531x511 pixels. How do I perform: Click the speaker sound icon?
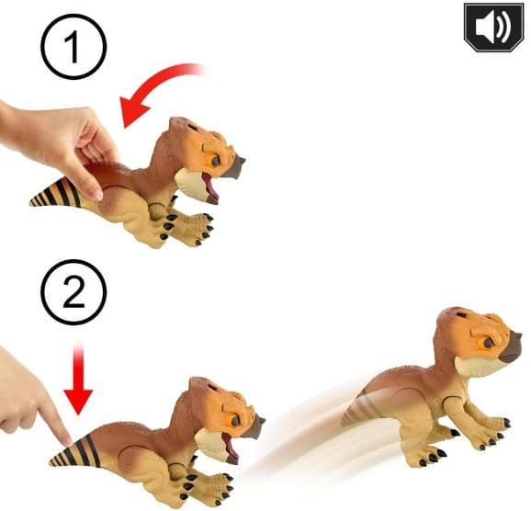tap(486, 27)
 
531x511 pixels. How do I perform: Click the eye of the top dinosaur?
tap(214, 159)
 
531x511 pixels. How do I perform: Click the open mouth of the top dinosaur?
tap(209, 189)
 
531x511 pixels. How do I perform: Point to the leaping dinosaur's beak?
tap(510, 349)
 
